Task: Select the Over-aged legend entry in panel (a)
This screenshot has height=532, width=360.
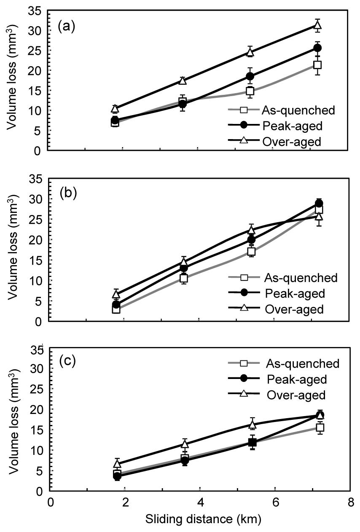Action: (x=291, y=142)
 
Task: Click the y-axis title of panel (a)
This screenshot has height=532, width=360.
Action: (x=13, y=80)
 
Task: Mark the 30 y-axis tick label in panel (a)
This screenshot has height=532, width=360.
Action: (x=38, y=31)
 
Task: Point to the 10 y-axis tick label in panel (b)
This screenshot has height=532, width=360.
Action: (x=38, y=281)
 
